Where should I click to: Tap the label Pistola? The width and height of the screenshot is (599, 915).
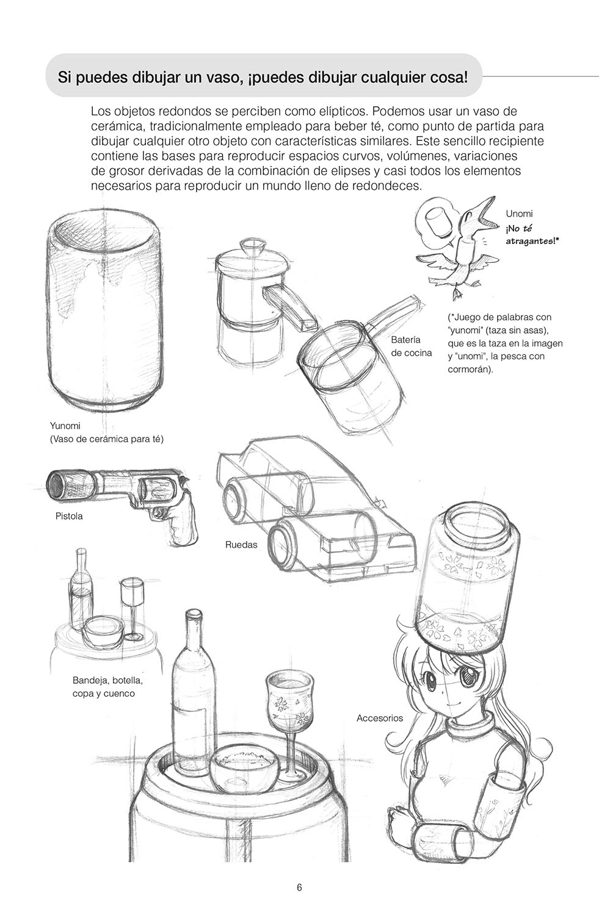[x=69, y=516]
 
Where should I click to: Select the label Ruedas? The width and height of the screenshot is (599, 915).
[x=241, y=545]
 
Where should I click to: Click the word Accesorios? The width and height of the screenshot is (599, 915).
[x=379, y=718]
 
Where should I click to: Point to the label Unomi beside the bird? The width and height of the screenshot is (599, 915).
[x=519, y=213]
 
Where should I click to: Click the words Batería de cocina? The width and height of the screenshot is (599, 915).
[x=412, y=346]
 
